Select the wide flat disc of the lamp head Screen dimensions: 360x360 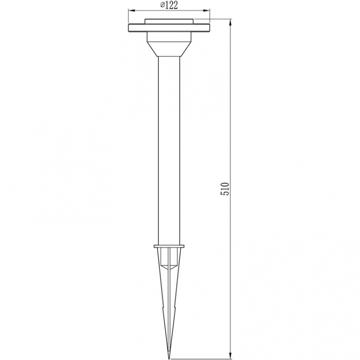[169, 28]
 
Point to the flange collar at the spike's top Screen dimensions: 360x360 [169, 247]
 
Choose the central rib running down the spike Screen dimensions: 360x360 [169, 298]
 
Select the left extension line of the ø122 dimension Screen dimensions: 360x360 [129, 14]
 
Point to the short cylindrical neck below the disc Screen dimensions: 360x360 [169, 37]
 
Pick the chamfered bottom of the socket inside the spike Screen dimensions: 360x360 [169, 264]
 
